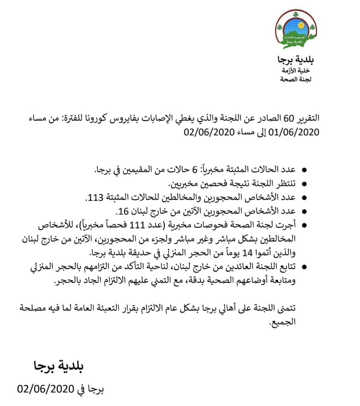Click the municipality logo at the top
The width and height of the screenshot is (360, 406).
296,30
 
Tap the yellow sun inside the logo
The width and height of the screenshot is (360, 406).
300,25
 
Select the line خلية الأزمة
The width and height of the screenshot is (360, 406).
296,70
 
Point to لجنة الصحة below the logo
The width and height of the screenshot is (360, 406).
296,79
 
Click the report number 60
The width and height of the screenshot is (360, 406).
289,118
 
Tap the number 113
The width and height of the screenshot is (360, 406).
96,197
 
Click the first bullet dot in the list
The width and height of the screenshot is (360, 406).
304,170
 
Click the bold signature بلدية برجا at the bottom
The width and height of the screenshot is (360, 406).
59,366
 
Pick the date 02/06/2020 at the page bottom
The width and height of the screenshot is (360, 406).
46,388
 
